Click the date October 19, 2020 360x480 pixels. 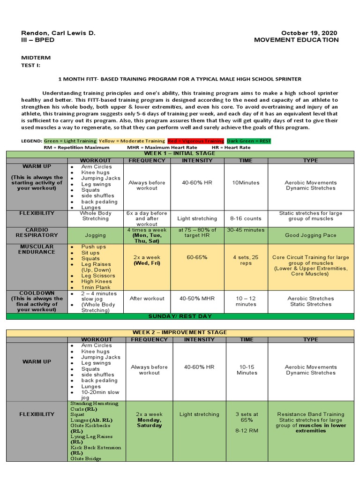(309, 33)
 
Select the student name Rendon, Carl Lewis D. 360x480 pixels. (58, 33)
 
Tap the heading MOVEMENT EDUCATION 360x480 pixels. (296, 40)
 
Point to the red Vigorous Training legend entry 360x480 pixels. (195, 141)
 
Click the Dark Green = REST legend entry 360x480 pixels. (248, 141)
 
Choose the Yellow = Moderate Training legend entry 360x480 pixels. (132, 141)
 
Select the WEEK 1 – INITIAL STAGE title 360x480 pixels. (180, 153)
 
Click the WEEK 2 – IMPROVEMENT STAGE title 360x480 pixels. (180, 332)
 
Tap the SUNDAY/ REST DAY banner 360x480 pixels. (180, 316)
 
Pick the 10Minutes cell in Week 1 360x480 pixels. (246, 183)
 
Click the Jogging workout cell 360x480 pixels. (95, 235)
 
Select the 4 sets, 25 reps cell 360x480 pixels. (246, 260)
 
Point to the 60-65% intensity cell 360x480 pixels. (197, 257)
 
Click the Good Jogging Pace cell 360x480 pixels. (311, 235)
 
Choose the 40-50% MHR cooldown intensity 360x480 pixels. (197, 299)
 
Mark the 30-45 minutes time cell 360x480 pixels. (246, 230)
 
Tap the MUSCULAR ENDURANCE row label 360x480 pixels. (37, 249)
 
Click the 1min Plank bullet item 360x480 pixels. (96, 287)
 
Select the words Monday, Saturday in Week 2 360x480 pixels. (149, 423)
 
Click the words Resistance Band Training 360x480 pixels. (311, 414)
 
